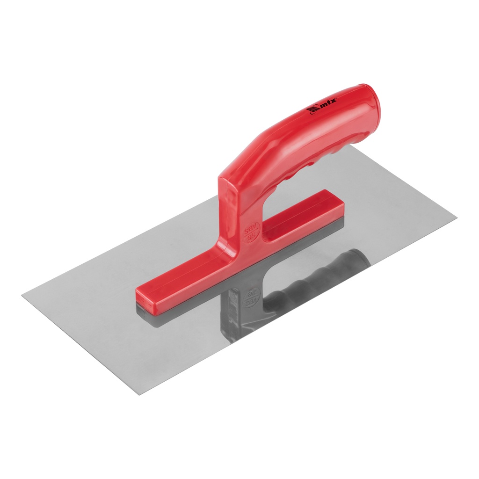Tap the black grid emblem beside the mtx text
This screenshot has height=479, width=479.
coord(312,111)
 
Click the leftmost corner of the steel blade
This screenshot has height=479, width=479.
coord(23,295)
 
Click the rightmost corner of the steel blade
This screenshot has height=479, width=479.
coord(456,218)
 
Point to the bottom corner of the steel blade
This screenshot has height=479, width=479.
coord(139,394)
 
